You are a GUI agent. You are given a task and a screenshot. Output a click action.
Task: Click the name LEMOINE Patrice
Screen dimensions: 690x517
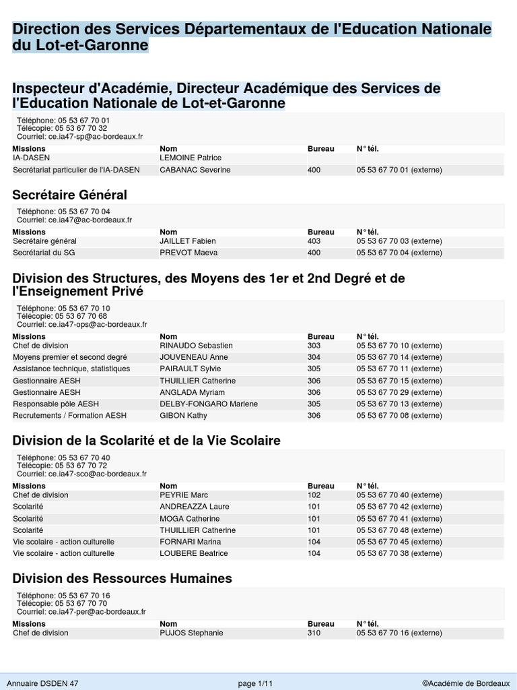click(x=191, y=158)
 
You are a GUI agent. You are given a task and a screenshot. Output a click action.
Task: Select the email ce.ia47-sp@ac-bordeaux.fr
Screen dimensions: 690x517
click(x=96, y=136)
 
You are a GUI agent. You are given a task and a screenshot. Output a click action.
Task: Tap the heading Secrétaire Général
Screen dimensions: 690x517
click(x=70, y=195)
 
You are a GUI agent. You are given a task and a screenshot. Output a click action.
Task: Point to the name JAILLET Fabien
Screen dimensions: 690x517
click(x=188, y=241)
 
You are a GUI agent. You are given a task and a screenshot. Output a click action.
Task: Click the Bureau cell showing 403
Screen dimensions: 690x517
click(x=314, y=241)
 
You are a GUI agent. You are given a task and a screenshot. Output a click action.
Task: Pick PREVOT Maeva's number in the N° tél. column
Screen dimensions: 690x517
click(x=399, y=253)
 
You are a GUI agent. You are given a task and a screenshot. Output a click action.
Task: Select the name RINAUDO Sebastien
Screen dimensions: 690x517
click(x=195, y=346)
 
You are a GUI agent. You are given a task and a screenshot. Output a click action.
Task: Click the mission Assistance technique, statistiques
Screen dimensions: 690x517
click(x=71, y=369)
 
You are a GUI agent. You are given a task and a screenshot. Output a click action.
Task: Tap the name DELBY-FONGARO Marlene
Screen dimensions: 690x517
click(x=209, y=404)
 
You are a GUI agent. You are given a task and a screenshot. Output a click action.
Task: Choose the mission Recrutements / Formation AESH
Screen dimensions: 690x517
click(x=69, y=416)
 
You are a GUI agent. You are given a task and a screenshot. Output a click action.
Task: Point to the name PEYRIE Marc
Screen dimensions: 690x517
click(x=184, y=495)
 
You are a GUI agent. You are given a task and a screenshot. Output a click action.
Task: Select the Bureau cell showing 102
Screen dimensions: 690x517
click(x=314, y=495)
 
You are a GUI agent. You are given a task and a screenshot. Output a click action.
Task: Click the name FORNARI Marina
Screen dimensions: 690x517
click(x=191, y=542)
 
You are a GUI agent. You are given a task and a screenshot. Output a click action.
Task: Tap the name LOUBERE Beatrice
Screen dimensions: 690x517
click(x=194, y=553)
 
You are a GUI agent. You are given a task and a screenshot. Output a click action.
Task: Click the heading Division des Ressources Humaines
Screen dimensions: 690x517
click(x=123, y=578)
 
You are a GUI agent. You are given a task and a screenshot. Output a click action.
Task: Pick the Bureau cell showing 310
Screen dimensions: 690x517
click(x=314, y=633)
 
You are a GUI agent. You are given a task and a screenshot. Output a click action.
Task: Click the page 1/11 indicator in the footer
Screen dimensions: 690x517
click(x=256, y=683)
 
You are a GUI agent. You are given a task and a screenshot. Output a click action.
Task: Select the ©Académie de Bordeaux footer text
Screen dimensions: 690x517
click(x=467, y=683)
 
